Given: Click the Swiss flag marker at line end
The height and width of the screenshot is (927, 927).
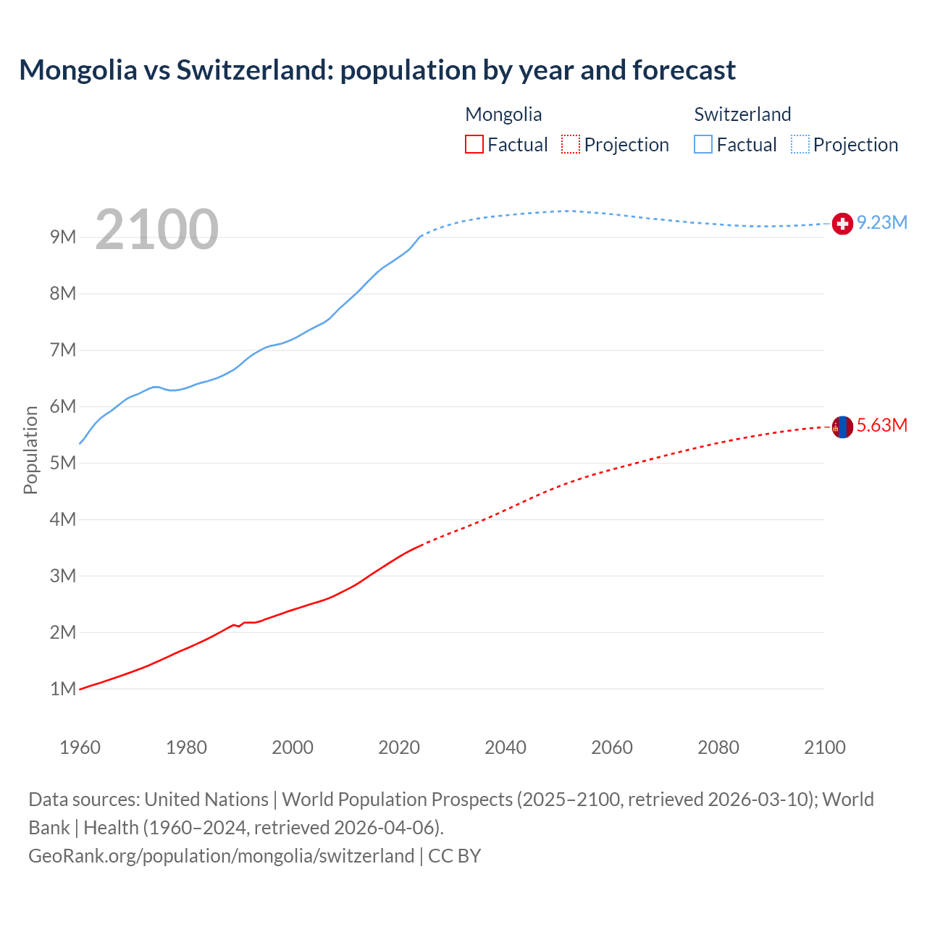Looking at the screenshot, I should point(842,224).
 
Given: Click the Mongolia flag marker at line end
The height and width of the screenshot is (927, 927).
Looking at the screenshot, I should point(842,427).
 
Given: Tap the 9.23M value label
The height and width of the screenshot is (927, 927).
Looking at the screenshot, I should point(882,222).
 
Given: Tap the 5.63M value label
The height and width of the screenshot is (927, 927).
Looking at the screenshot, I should point(882,425).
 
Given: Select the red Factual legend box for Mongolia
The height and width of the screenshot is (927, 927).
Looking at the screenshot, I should point(474,144).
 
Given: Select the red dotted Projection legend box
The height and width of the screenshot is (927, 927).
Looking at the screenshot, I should point(571,144).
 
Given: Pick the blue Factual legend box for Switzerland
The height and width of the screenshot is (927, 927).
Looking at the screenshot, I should point(703,144).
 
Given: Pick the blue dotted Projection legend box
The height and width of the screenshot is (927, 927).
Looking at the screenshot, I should point(800,144).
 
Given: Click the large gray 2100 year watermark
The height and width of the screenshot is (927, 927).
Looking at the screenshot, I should point(156,230).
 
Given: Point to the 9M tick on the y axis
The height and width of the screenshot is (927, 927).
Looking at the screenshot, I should point(63,238).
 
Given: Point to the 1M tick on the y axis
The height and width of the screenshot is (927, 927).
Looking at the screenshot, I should point(63,689).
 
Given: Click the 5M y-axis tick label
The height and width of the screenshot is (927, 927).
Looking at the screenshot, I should point(63,463).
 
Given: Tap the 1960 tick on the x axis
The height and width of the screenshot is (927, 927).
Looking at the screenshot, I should point(80,747).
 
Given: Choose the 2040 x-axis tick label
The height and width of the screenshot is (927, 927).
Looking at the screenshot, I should point(506,747).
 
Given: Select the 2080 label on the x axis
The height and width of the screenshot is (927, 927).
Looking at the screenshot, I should point(718,747).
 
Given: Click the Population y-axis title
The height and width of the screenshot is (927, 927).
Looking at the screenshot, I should point(30,450).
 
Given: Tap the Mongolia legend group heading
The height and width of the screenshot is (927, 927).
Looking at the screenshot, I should point(503,114).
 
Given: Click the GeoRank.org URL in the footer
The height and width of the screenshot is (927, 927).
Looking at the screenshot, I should point(221,856).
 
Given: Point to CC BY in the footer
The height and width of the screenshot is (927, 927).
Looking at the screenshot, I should point(455,856).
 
